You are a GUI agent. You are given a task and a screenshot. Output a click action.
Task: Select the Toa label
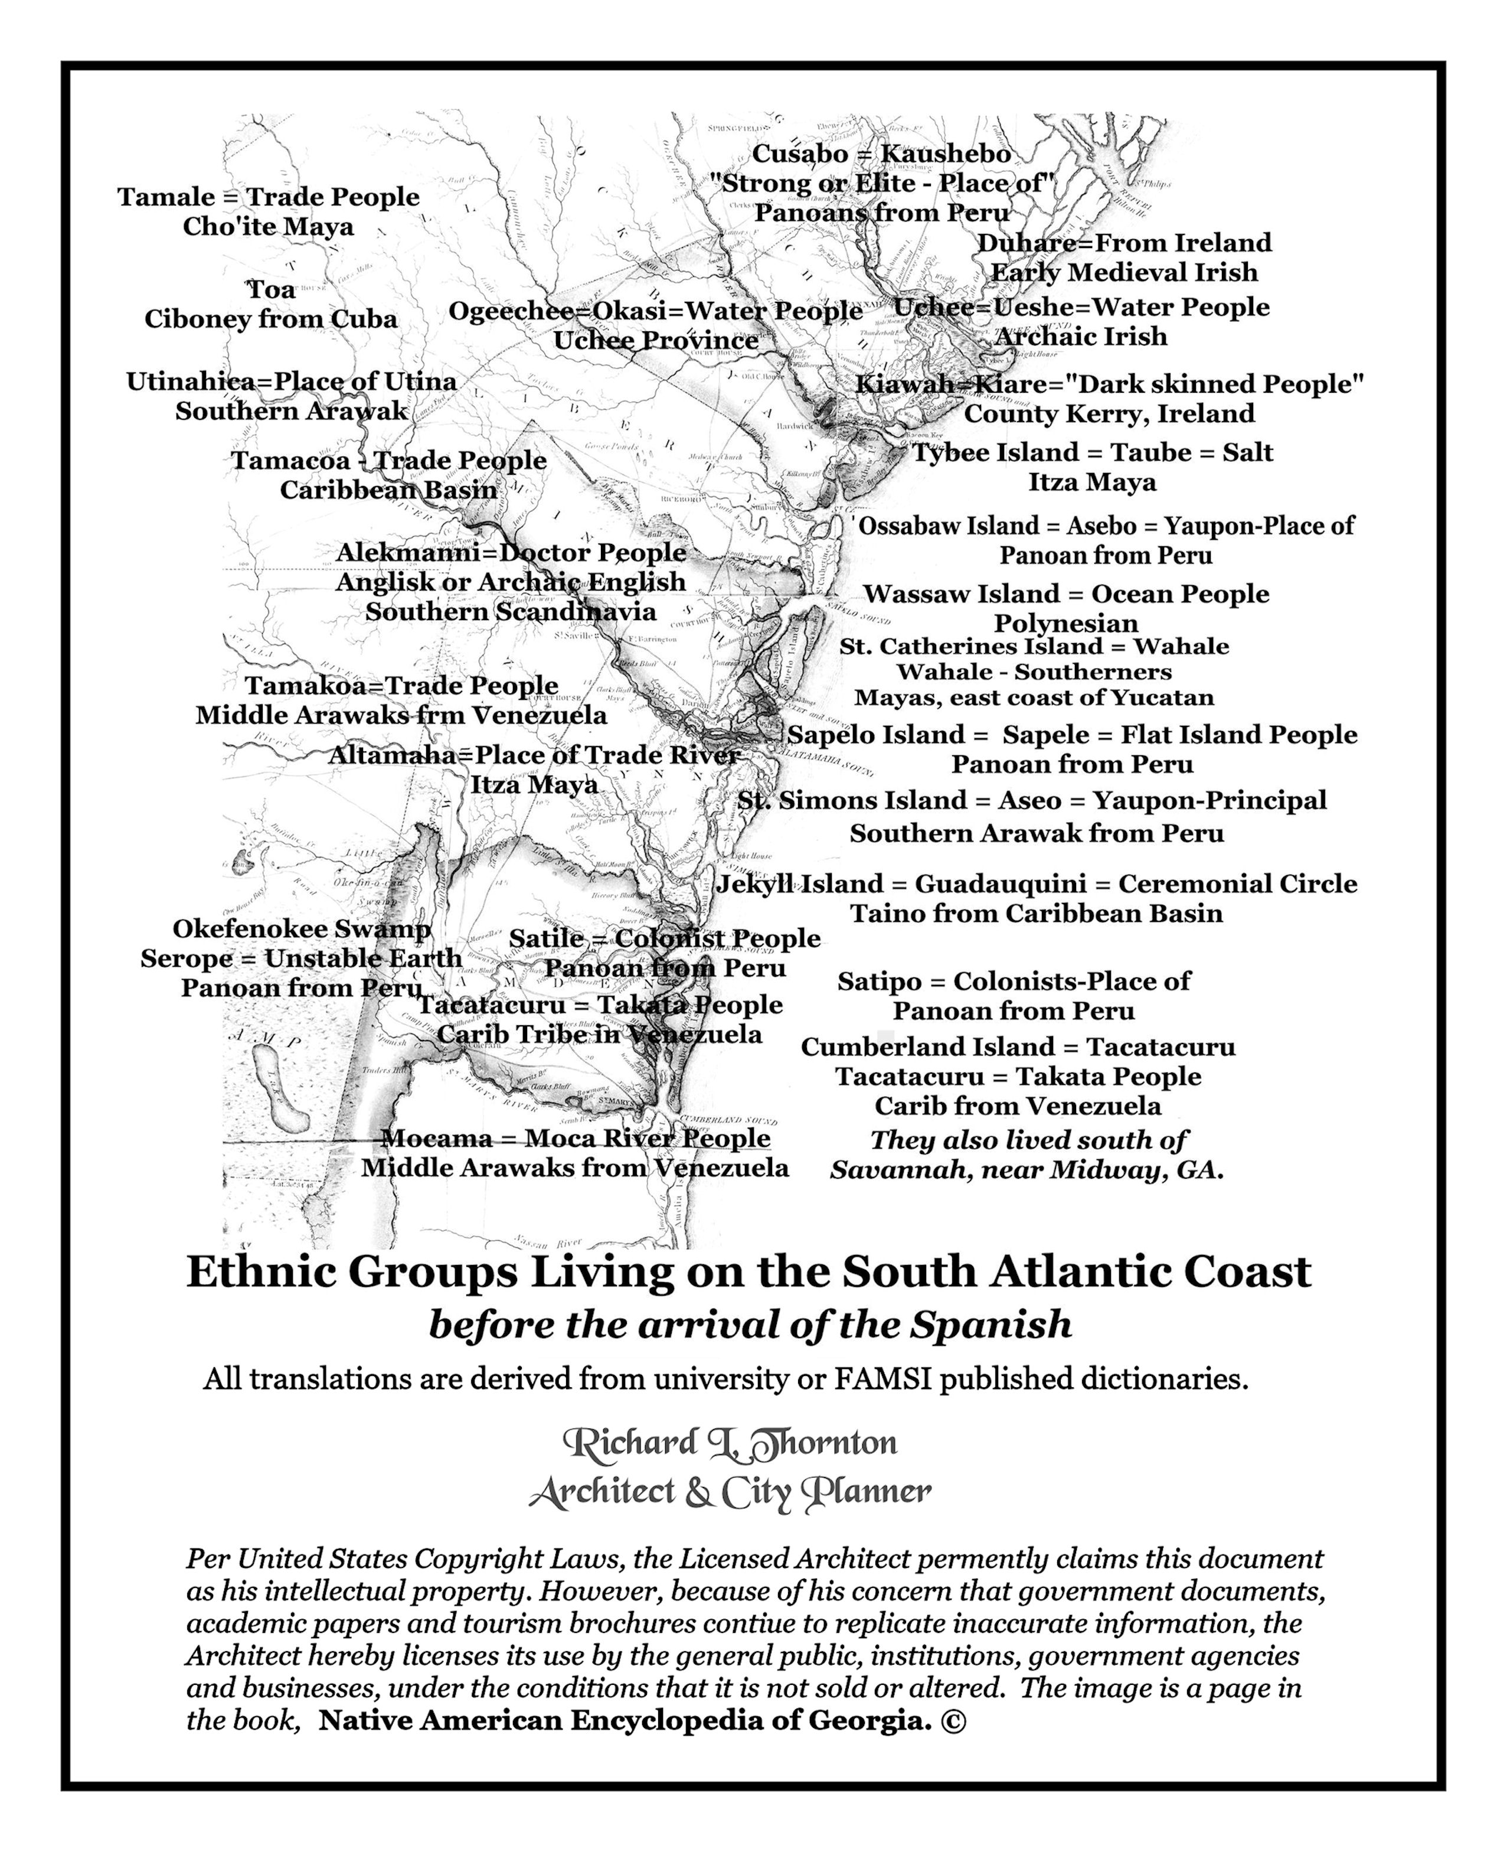pos(271,289)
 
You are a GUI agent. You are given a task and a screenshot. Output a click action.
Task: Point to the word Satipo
pos(878,981)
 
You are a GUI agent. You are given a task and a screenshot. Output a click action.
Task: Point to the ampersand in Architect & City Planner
pos(696,1492)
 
